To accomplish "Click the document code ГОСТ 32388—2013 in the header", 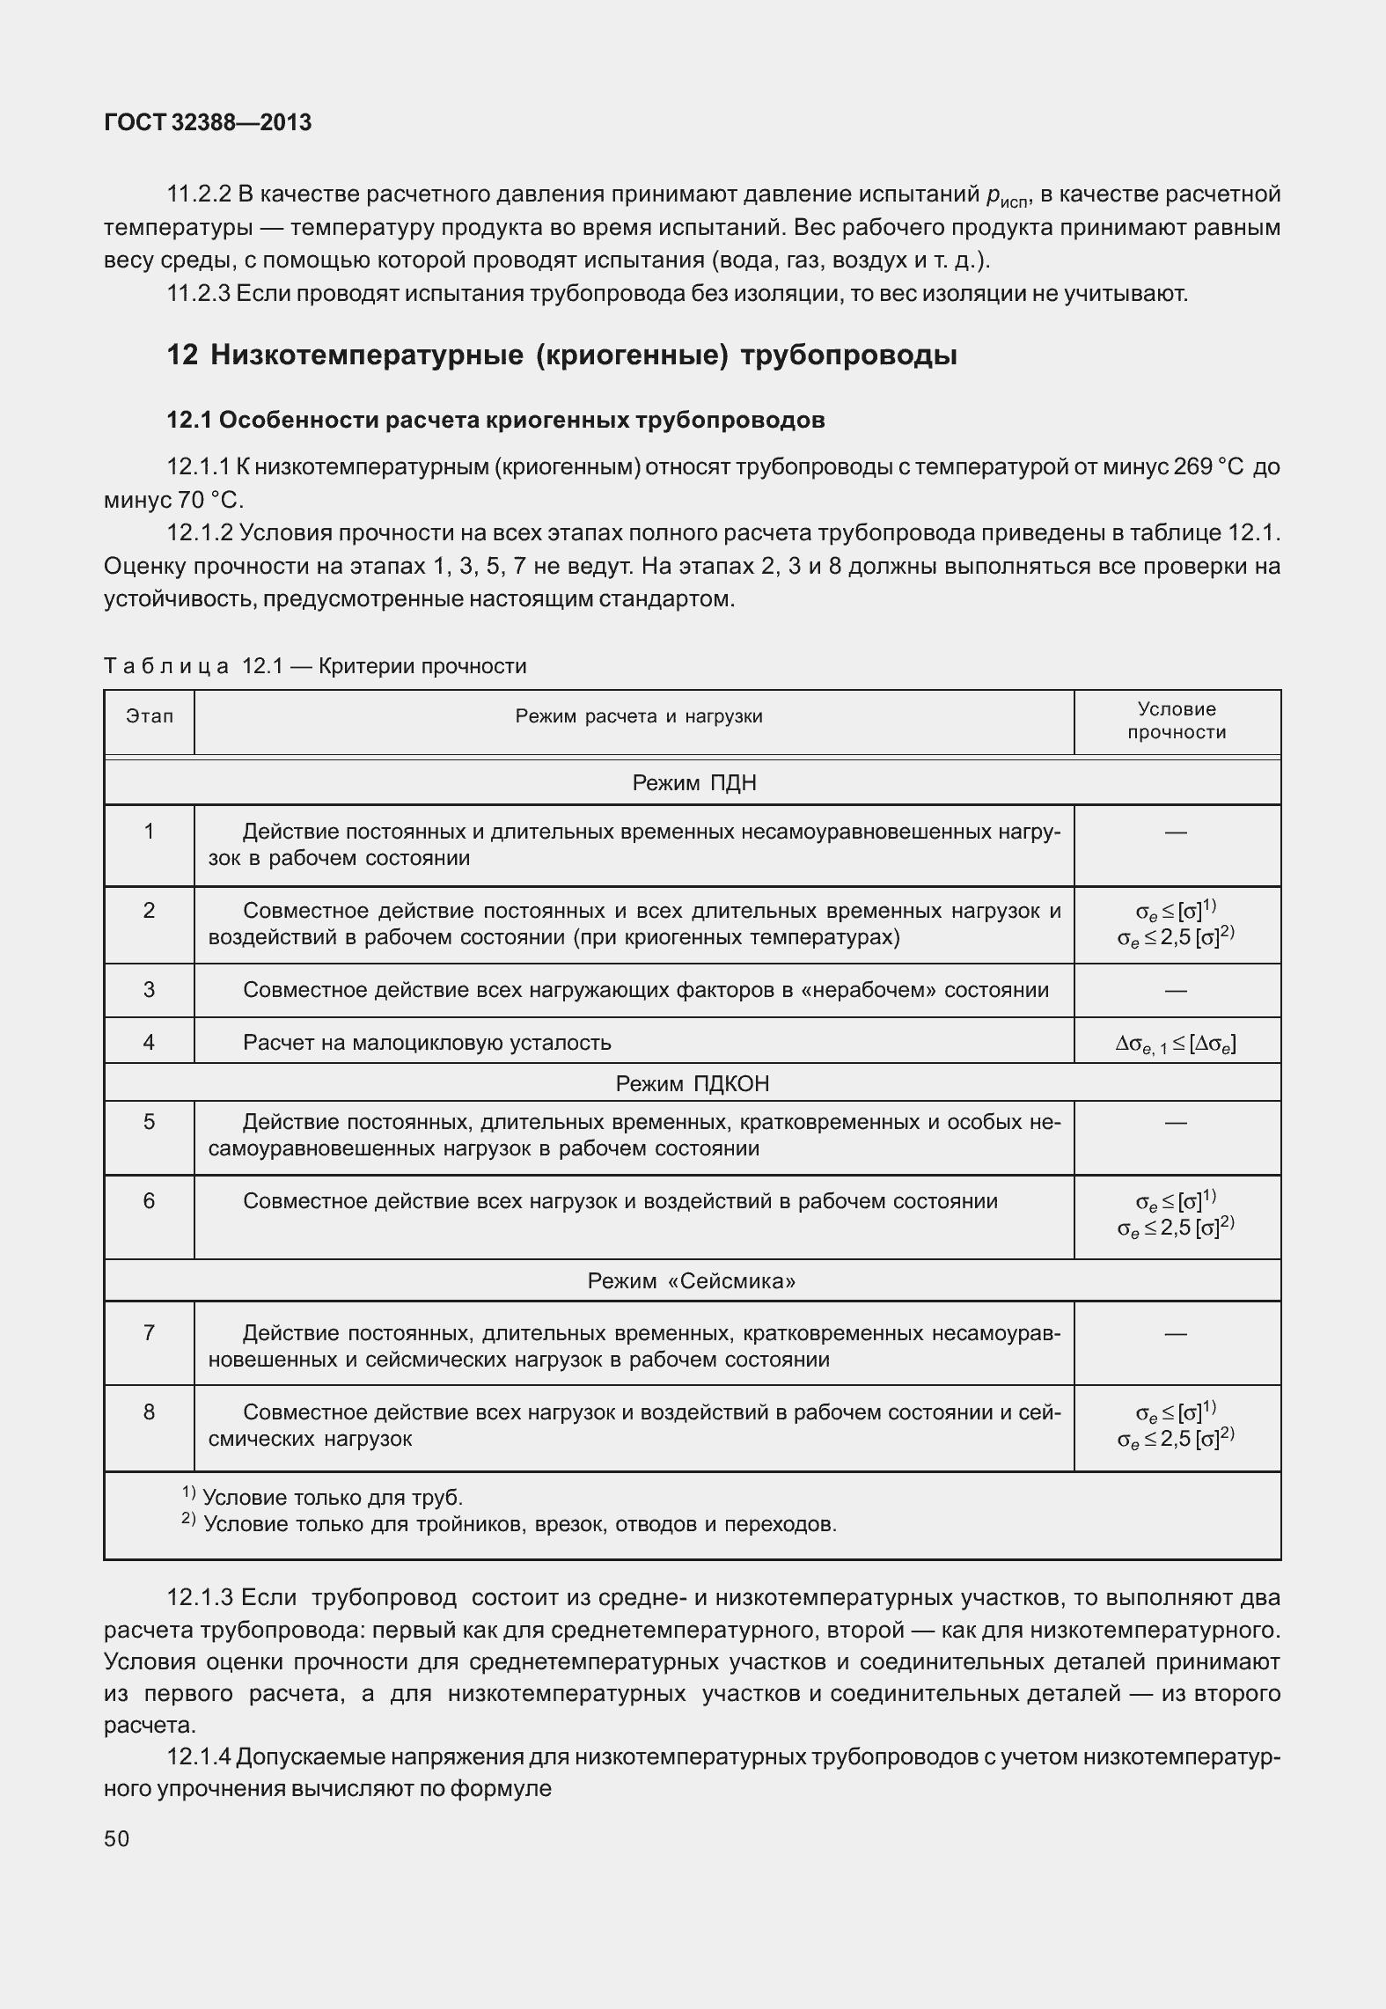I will tap(208, 123).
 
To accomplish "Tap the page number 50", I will tap(116, 1839).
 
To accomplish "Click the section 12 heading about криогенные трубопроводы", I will tap(561, 356).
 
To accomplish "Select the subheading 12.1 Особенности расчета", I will tap(495, 421).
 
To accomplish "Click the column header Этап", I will tap(149, 716).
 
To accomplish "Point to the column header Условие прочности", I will tap(1177, 721).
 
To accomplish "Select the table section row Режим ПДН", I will tap(693, 783).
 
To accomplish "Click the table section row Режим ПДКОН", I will tap(692, 1083).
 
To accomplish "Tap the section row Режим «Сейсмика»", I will tap(692, 1281).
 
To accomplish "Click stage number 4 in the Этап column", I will tap(149, 1043).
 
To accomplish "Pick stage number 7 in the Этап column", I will tap(149, 1333).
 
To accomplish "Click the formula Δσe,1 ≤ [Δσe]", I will tap(1176, 1044).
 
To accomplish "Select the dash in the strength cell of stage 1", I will tap(1176, 832).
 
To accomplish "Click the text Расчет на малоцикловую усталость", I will tap(427, 1043).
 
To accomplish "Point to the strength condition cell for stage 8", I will tap(1176, 1426).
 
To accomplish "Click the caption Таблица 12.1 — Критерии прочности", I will tap(315, 666).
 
